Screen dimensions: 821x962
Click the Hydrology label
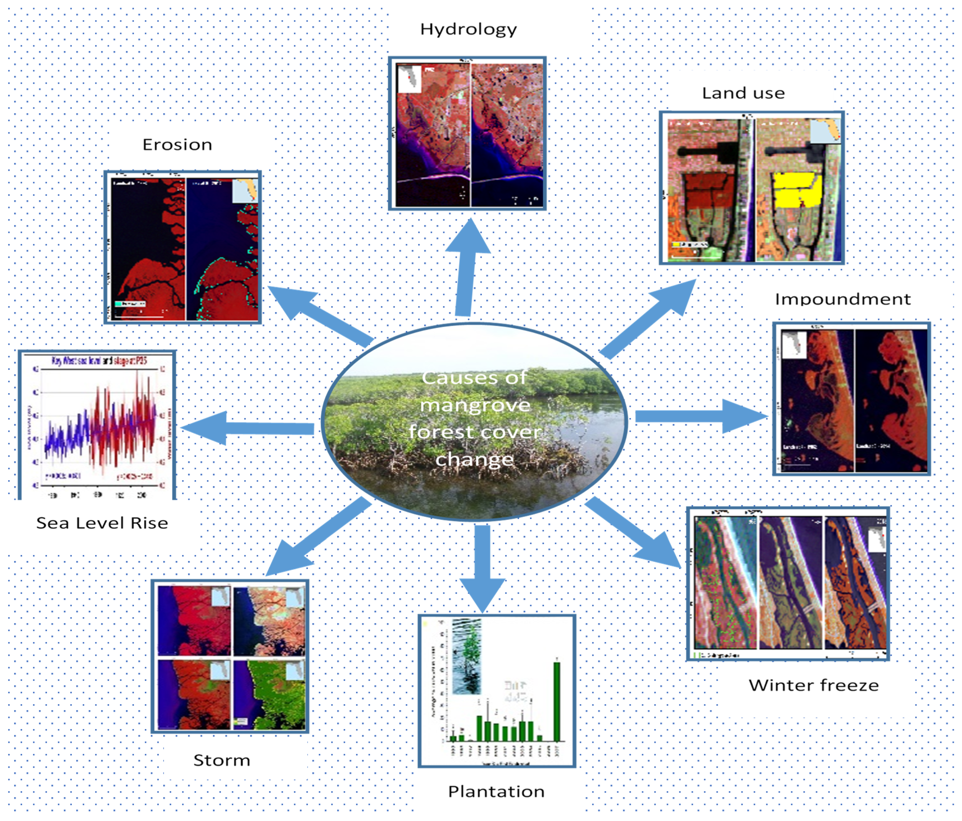coord(468,29)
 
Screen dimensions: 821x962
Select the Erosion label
coord(177,145)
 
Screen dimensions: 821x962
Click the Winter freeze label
coord(813,685)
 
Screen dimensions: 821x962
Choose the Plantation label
coord(496,791)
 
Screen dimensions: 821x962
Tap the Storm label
coord(221,760)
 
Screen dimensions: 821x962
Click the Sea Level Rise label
coord(102,523)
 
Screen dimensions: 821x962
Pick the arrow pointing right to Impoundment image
coord(701,416)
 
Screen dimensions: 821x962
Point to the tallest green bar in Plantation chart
coord(557,701)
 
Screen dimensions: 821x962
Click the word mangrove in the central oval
coord(475,405)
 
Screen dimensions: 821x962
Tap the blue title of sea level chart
coord(99,361)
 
